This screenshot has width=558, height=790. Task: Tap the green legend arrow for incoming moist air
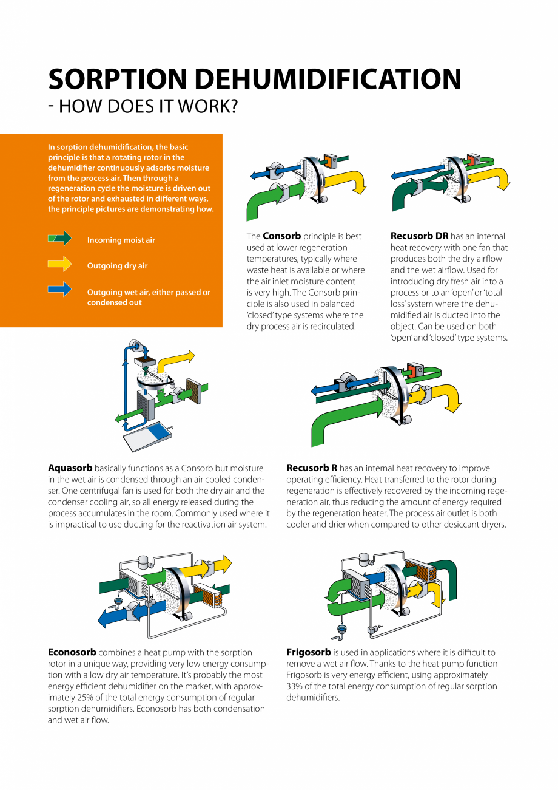click(59, 239)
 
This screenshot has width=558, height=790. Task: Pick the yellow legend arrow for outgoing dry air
click(59, 264)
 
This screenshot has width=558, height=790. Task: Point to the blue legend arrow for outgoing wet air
click(59, 290)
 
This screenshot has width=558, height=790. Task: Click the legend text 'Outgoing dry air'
click(117, 266)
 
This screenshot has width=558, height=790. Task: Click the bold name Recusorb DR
click(419, 236)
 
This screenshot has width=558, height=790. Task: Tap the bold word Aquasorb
click(70, 468)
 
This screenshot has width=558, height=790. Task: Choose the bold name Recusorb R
click(311, 468)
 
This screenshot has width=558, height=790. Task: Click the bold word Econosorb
click(72, 652)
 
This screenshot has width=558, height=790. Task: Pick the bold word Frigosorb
click(308, 652)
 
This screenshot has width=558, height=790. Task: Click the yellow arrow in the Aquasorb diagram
click(176, 362)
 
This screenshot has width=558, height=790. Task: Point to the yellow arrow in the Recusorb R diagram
click(446, 397)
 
